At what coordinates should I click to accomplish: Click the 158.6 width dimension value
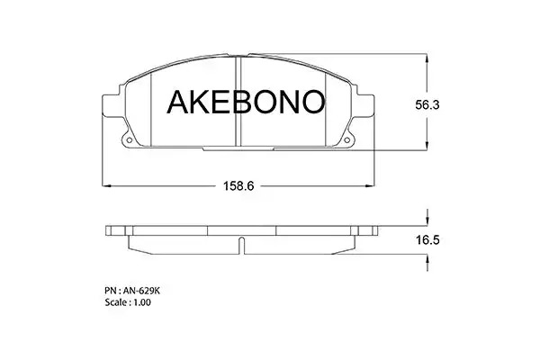click(238, 186)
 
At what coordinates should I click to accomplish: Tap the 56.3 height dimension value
click(427, 104)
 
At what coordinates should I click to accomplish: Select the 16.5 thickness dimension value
click(427, 239)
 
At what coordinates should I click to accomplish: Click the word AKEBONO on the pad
click(246, 102)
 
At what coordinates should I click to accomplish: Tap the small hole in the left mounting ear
click(130, 139)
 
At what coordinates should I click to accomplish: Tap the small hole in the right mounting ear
click(346, 139)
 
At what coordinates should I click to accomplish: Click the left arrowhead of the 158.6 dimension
click(106, 186)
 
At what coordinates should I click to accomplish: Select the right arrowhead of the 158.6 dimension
click(370, 186)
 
